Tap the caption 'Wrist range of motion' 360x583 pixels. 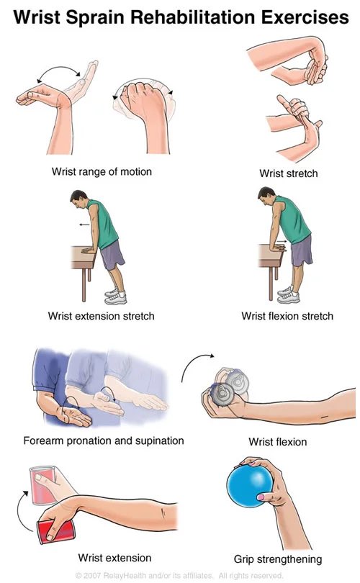point(102,172)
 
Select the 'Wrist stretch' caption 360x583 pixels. point(289,173)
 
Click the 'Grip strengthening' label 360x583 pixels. point(278,559)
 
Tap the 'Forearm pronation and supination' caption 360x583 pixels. point(104,440)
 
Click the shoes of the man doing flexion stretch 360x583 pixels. point(289,295)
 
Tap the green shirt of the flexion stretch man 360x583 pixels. point(293,220)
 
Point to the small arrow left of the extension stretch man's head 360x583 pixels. point(84,225)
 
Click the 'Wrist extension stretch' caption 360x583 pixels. point(101,316)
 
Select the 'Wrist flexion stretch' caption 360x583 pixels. point(287,316)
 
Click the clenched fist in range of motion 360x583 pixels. point(143,99)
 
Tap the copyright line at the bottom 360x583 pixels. point(179,576)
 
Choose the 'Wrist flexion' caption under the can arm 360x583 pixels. point(278,442)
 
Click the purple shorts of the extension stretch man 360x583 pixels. point(112,255)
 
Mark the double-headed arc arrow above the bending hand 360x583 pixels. point(59,71)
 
